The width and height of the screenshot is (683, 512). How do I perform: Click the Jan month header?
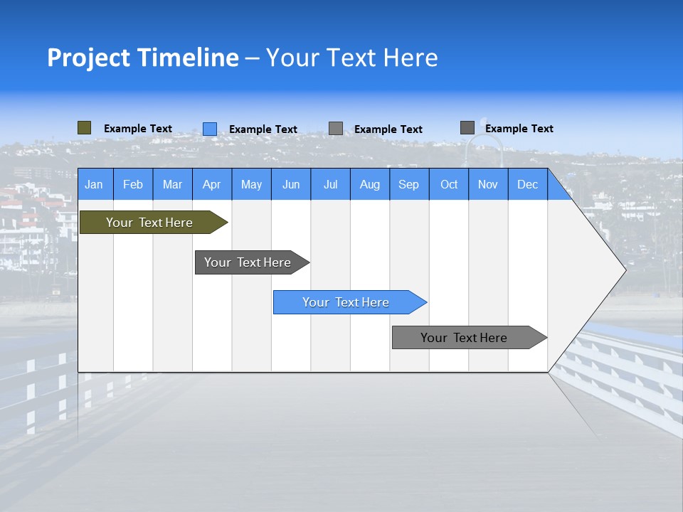(94, 184)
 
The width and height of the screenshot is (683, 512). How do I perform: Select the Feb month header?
(133, 184)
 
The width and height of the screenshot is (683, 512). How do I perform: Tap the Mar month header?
(172, 184)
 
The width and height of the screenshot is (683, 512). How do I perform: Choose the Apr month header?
(212, 184)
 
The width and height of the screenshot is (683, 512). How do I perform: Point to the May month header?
(251, 184)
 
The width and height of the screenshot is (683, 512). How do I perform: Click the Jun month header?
(291, 184)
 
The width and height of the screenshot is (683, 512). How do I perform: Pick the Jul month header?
(330, 184)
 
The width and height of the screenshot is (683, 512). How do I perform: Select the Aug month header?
(370, 184)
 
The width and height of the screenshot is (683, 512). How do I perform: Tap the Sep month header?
(409, 184)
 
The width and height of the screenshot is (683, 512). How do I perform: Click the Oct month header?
(449, 184)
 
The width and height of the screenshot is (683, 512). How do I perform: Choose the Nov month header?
(488, 184)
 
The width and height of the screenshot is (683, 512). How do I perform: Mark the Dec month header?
(528, 184)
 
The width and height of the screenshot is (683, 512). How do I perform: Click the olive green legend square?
(85, 128)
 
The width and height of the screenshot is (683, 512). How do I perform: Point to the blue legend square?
(210, 129)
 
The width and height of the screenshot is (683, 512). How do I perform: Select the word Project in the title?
(87, 58)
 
